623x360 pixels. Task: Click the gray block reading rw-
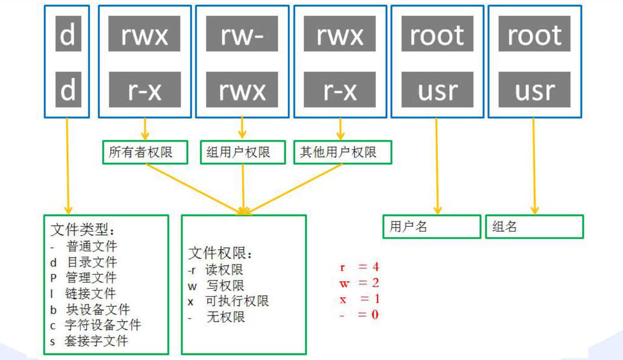(x=242, y=34)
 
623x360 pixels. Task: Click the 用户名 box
(x=431, y=227)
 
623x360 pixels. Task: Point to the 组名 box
(x=534, y=227)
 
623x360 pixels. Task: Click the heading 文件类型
(x=83, y=230)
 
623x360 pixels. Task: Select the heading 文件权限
(x=221, y=253)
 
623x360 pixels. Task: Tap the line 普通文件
(x=91, y=246)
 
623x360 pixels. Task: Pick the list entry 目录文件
(x=91, y=262)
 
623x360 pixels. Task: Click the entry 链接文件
(x=90, y=293)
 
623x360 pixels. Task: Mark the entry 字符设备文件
(x=102, y=325)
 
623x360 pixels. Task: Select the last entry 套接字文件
(x=95, y=341)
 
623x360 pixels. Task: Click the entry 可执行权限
(x=237, y=301)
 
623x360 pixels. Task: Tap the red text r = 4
(x=359, y=267)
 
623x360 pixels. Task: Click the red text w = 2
(x=359, y=283)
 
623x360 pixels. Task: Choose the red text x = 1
(x=359, y=299)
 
